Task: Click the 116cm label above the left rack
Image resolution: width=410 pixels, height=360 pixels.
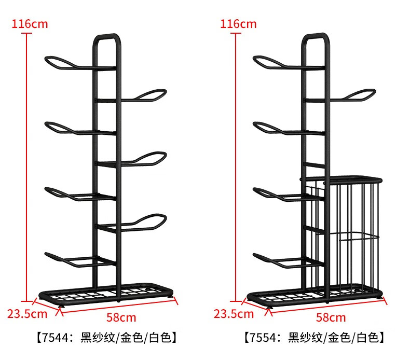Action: click(x=30, y=24)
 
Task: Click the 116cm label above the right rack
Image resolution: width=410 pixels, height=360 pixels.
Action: click(x=238, y=24)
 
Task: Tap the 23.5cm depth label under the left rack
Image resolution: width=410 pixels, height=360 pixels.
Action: click(x=27, y=314)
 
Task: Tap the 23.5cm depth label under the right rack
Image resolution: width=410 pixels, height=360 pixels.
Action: click(x=234, y=314)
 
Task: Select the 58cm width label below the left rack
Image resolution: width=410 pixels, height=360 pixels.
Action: click(x=121, y=317)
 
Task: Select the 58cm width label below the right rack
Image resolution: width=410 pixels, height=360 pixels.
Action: click(x=331, y=317)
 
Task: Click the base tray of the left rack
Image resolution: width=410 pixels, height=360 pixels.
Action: click(x=106, y=294)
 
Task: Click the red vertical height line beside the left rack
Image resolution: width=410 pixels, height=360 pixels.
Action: click(x=26, y=168)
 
